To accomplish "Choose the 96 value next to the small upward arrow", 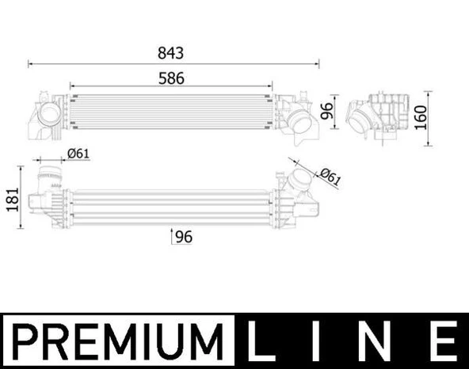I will (x=184, y=236).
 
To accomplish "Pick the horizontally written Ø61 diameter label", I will (x=78, y=154).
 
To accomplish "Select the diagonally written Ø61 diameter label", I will (x=329, y=176).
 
